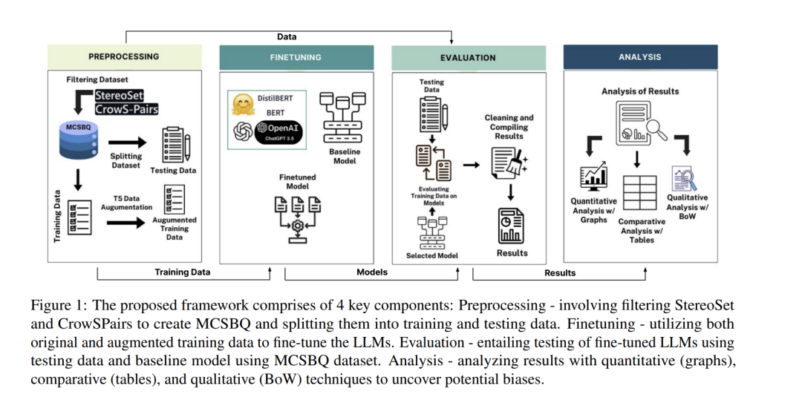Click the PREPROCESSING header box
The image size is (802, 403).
124,56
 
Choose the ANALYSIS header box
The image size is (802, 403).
640,57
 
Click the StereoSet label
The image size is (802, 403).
119,96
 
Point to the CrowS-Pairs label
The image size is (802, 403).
126,109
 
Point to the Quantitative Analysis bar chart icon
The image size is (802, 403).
593,177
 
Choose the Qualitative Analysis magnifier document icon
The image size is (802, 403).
683,179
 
